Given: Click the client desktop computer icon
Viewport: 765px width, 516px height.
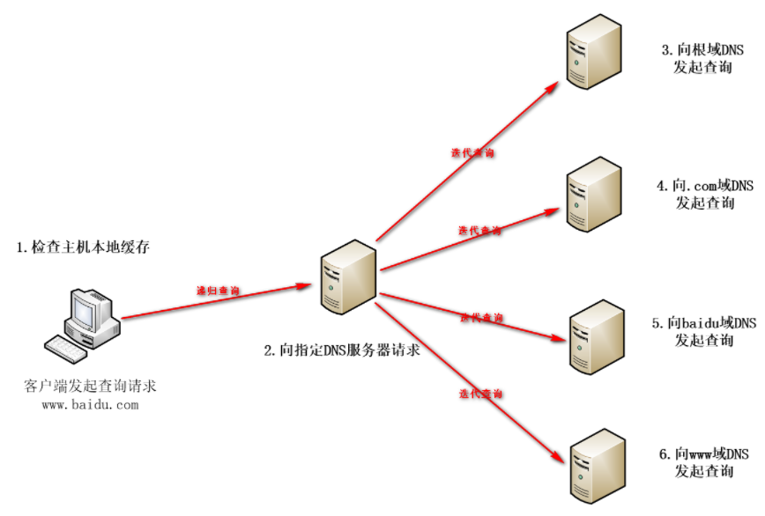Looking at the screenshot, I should [89, 313].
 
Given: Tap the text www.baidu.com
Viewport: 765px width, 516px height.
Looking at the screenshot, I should [90, 405].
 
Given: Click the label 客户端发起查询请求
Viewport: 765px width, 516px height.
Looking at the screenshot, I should [90, 387].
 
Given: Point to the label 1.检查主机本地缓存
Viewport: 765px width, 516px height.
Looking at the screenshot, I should [84, 247].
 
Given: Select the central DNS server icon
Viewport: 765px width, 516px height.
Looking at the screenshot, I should [349, 278].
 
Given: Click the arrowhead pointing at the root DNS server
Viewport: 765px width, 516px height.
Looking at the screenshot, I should [553, 85].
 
